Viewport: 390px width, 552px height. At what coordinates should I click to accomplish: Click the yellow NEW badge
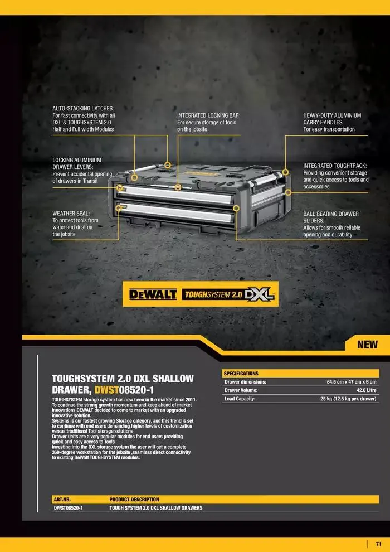(x=368, y=344)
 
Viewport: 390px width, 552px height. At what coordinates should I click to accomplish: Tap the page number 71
(x=378, y=544)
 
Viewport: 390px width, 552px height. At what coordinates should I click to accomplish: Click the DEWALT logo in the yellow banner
(x=153, y=294)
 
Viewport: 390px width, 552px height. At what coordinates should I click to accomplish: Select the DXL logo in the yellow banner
(x=259, y=294)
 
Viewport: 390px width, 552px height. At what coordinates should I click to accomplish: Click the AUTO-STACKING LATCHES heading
(x=84, y=108)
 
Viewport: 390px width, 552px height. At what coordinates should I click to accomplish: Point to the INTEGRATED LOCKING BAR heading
(x=209, y=115)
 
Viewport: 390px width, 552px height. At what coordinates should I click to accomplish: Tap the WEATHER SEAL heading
(x=71, y=214)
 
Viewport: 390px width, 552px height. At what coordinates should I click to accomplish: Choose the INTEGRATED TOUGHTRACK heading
(x=335, y=166)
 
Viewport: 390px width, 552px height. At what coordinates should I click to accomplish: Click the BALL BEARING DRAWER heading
(x=331, y=214)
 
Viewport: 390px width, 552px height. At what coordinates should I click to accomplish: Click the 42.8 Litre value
(x=367, y=390)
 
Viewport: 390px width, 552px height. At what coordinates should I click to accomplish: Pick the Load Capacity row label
(x=240, y=399)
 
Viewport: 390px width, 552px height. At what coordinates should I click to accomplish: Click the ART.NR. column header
(x=62, y=500)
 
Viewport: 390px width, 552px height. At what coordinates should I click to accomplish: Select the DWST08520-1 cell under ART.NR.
(x=68, y=508)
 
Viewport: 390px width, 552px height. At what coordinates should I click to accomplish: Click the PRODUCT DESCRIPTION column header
(x=134, y=500)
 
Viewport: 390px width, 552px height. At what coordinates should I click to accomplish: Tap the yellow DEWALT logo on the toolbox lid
(x=198, y=174)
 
